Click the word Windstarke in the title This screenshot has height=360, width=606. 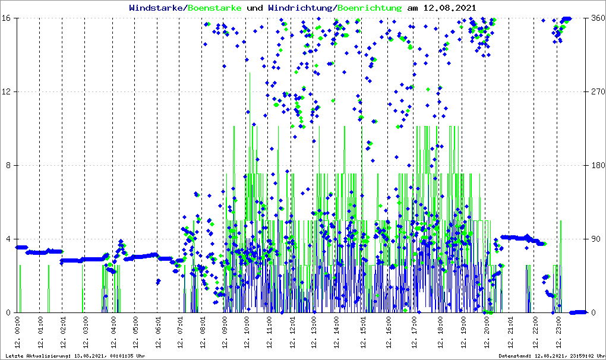point(157,8)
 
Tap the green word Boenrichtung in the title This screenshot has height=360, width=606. point(369,8)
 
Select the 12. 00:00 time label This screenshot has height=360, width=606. point(18,334)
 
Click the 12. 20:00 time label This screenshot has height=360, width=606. point(487,334)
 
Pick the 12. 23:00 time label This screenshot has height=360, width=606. point(557,334)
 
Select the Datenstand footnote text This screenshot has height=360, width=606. point(552,356)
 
